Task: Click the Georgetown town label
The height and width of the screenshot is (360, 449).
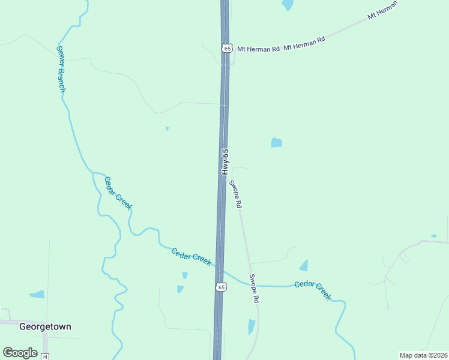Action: (x=45, y=327)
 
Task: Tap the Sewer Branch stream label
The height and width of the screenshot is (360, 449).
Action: (x=61, y=69)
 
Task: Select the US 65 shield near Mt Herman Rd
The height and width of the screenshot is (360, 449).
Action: (x=226, y=48)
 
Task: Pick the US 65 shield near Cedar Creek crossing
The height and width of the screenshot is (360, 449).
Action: (x=221, y=288)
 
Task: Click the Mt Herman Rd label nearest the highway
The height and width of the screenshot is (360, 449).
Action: (x=258, y=49)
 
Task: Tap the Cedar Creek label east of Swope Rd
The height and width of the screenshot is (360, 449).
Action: (x=313, y=290)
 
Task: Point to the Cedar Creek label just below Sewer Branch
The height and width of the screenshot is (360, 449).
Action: (x=118, y=193)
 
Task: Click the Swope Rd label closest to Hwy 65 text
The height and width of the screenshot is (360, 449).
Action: (x=235, y=194)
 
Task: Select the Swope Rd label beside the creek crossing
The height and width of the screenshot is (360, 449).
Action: (x=255, y=289)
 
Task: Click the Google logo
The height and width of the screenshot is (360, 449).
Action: (x=20, y=352)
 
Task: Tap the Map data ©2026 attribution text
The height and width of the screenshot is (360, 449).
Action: (x=423, y=355)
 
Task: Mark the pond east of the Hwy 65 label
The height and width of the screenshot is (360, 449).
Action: (x=276, y=142)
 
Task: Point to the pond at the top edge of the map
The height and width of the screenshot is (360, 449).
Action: (x=288, y=5)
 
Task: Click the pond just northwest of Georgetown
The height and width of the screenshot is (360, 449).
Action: (x=37, y=295)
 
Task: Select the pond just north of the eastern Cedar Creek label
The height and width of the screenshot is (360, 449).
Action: (x=304, y=265)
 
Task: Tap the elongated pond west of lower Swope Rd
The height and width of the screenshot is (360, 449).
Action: (x=252, y=327)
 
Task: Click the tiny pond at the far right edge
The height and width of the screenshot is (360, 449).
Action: (x=434, y=236)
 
